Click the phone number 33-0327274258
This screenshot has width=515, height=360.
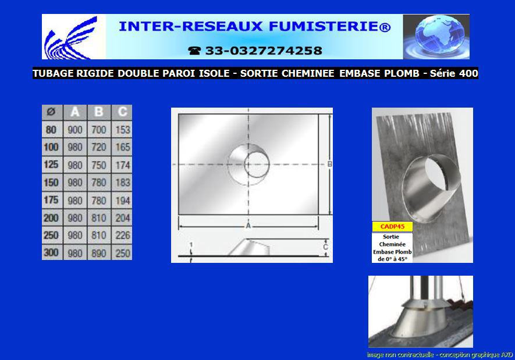(x=264, y=51)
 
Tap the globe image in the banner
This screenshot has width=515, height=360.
(x=436, y=37)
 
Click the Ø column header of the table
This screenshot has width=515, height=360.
(x=51, y=112)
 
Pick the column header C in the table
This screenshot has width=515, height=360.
(x=123, y=112)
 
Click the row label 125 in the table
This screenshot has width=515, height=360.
(x=51, y=164)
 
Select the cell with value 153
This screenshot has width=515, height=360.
(x=123, y=130)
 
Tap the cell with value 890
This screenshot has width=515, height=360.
(x=98, y=253)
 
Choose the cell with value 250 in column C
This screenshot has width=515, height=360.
(x=123, y=253)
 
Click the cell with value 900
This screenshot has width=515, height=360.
(x=75, y=130)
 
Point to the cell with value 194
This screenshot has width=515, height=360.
(x=123, y=201)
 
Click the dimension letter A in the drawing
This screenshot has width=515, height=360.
(x=248, y=226)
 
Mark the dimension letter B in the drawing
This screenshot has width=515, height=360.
(x=330, y=164)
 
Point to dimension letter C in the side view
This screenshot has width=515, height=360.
(x=325, y=247)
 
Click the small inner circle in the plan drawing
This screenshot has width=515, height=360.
(x=257, y=164)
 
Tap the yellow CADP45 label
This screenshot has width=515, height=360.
(x=392, y=226)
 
